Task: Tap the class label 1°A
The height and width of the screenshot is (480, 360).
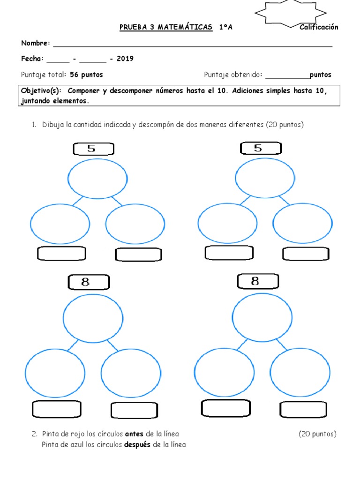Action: pos(225,27)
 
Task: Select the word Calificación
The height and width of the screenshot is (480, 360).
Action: pos(319,27)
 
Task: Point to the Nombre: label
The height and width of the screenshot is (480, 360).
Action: pos(36,43)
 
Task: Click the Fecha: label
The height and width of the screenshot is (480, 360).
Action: pos(32,59)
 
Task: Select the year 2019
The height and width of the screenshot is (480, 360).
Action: pos(125,59)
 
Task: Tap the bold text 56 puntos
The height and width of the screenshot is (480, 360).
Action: pos(86,75)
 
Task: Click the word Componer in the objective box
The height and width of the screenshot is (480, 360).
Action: pos(86,91)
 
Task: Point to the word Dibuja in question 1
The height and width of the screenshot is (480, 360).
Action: pos(52,125)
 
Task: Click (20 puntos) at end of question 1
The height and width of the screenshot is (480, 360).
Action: pos(285,125)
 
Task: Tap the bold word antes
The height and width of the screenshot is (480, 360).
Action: pos(135,434)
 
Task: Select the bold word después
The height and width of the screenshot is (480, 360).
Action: pos(137,444)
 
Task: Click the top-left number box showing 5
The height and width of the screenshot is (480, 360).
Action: pos(94,149)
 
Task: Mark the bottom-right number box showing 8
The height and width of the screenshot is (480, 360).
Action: pos(258,281)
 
